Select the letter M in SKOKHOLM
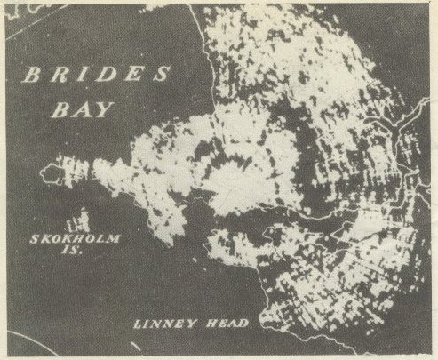[x=115, y=239]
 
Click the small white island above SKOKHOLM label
[x=81, y=219]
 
